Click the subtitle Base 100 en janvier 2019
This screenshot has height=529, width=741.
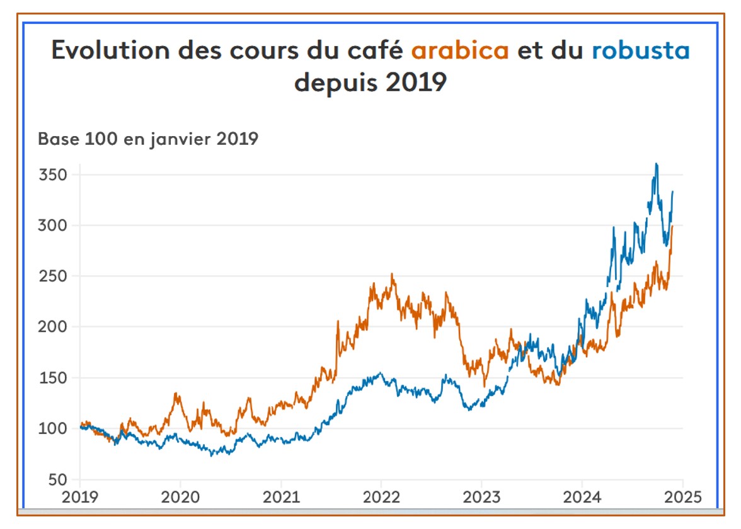pyautogui.click(x=148, y=139)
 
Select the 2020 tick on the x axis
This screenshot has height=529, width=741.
pyautogui.click(x=180, y=496)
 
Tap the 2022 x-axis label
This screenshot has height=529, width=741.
pyautogui.click(x=381, y=496)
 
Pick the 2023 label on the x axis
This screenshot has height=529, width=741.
pyautogui.click(x=481, y=496)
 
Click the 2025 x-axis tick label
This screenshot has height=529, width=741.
pyautogui.click(x=682, y=496)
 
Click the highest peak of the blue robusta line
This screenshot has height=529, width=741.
pyautogui.click(x=657, y=164)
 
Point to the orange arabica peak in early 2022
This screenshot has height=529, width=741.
pyautogui.click(x=392, y=274)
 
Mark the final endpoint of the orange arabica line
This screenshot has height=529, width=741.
pyautogui.click(x=672, y=226)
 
